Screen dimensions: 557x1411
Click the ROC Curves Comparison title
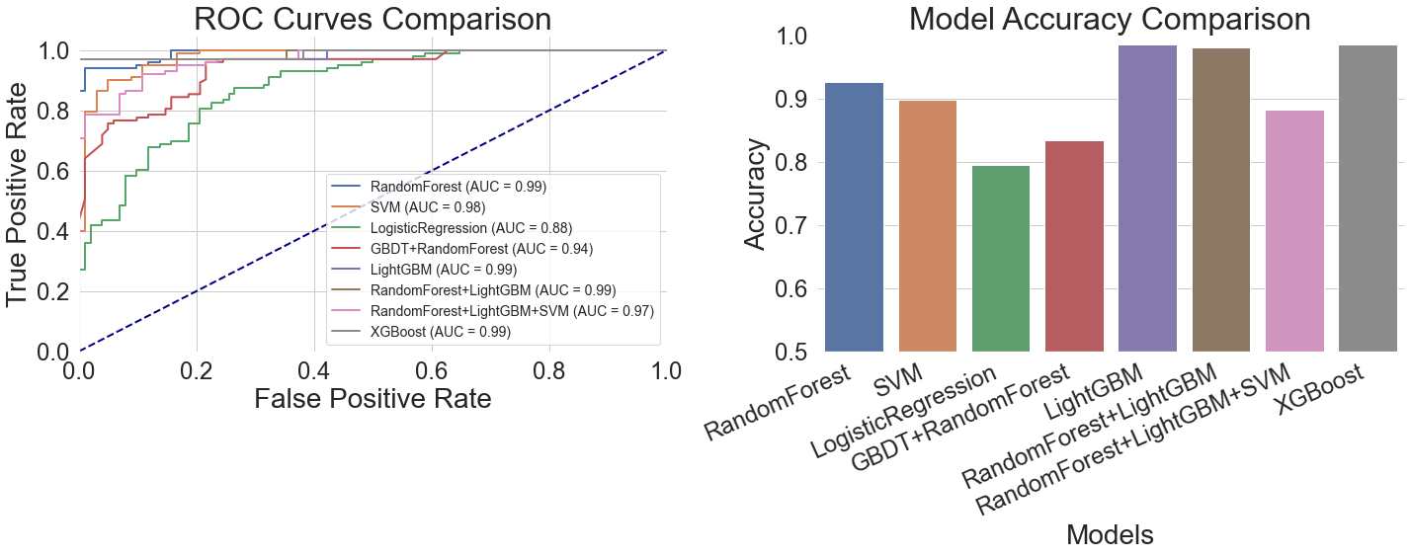pos(373,20)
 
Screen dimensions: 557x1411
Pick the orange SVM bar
pos(927,226)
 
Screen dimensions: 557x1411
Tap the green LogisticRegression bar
pos(1001,259)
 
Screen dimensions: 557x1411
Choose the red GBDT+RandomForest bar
pos(1074,247)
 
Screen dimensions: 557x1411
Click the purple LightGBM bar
pos(1147,199)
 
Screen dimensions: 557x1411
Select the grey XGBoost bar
pos(1368,199)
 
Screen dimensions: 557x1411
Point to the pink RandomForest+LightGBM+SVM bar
pos(1294,231)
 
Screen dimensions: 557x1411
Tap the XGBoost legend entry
pos(441,332)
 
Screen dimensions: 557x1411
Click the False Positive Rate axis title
pos(373,398)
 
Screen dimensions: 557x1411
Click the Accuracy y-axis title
pos(755,195)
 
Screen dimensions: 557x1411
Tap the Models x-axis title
pos(1110,534)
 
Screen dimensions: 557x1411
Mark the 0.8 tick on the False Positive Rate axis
pos(549,370)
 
